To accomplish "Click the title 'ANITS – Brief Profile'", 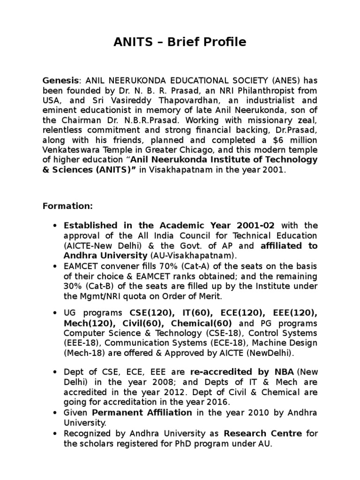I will click(x=180, y=42).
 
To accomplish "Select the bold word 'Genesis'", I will click(x=60, y=80).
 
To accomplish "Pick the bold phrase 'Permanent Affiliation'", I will click(x=142, y=413).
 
